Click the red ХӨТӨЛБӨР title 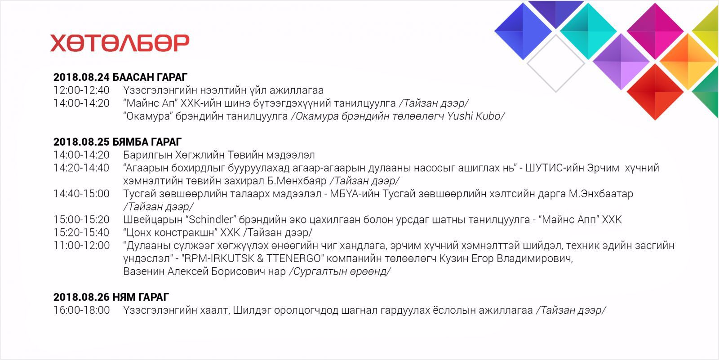click(120, 43)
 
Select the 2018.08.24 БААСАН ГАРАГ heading click(120, 77)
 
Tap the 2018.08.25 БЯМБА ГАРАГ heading click(117, 142)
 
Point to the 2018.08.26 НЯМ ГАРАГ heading click(111, 297)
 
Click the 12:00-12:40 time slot click(81, 90)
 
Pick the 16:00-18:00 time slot click(81, 310)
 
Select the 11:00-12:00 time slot click(81, 246)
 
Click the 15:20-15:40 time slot click(81, 232)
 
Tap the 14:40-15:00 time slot click(81, 194)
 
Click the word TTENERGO click(294, 258)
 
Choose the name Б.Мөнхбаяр click(297, 181)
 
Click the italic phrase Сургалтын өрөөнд click(340, 271)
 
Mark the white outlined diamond click(556, 63)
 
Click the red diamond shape click(655, 92)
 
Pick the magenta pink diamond click(655, 31)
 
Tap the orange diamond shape click(688, 61)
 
